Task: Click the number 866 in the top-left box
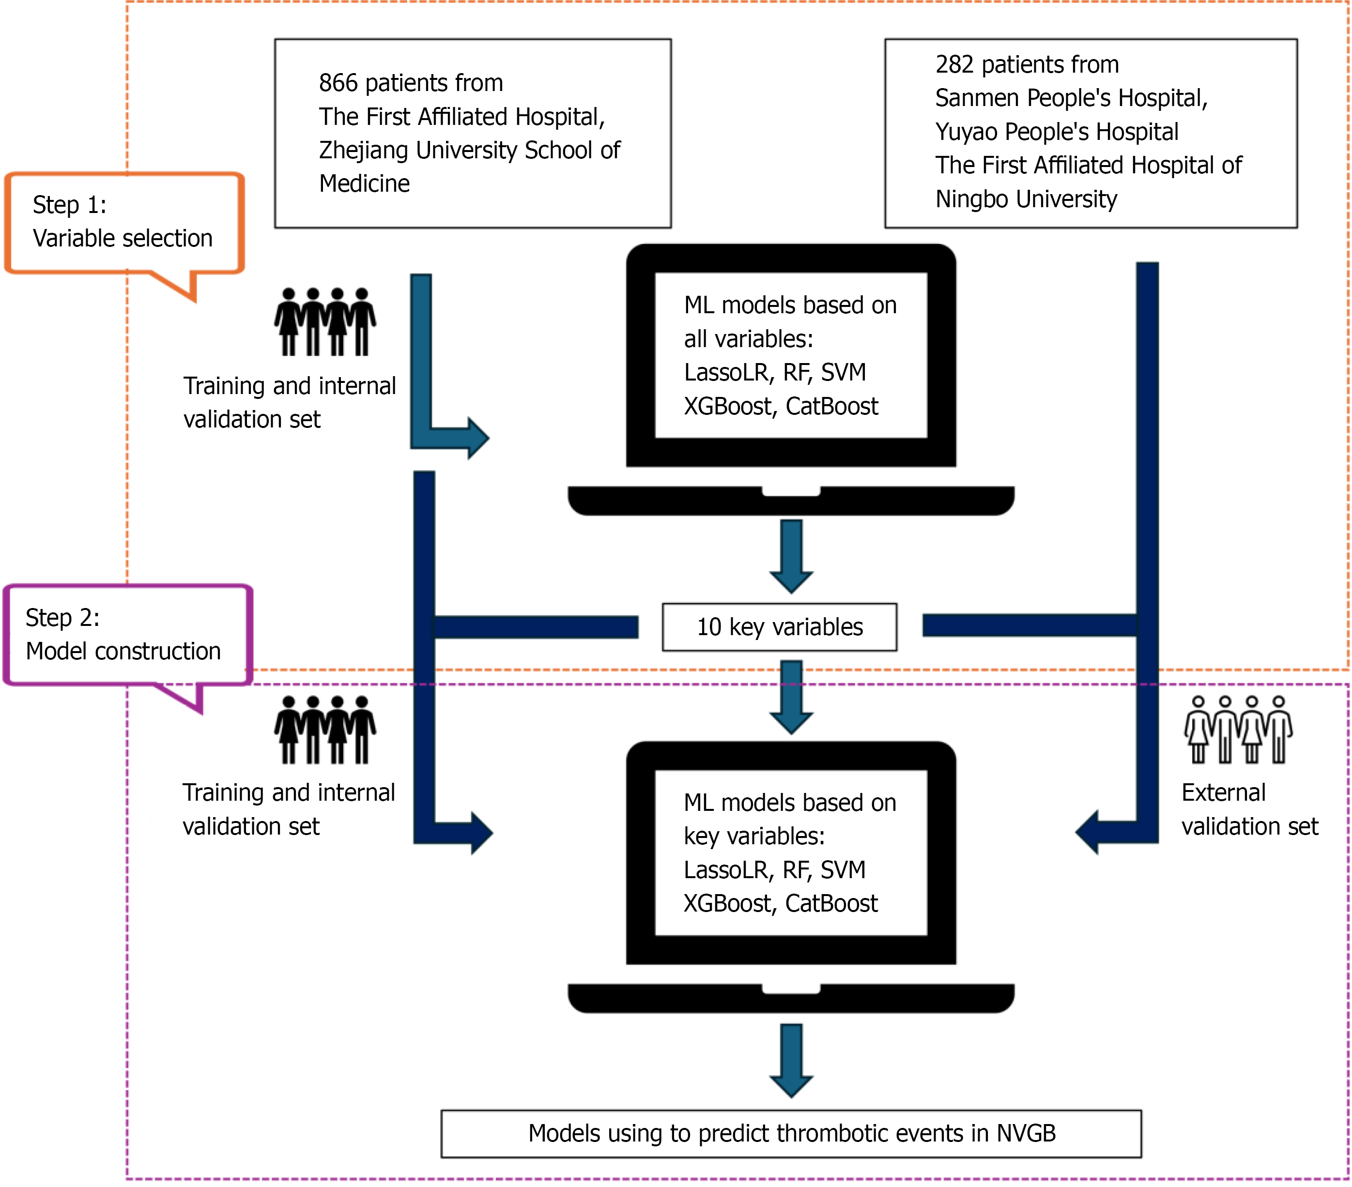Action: coord(338,83)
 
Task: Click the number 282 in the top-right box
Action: coord(954,65)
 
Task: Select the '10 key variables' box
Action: coord(779,627)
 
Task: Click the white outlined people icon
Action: coord(1238,730)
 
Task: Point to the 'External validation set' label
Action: coord(1249,809)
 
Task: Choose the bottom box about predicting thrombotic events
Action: coord(791,1133)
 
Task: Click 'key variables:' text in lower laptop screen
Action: coord(754,837)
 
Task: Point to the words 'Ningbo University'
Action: coord(1026,199)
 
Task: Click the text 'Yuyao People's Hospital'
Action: coord(1056,132)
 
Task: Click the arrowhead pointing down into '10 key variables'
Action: coord(791,579)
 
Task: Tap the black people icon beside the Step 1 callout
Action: coord(325,322)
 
